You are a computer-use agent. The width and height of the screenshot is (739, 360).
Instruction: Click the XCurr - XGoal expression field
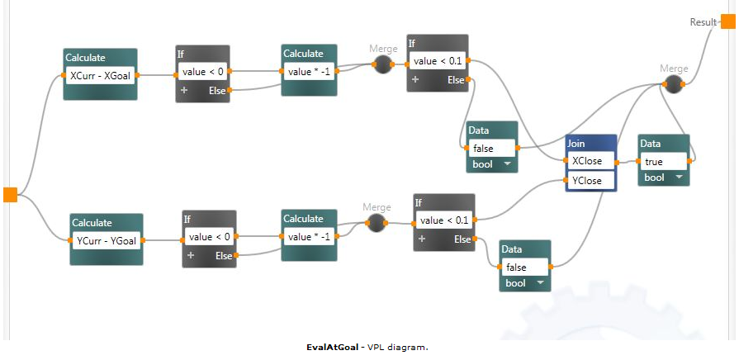click(x=99, y=75)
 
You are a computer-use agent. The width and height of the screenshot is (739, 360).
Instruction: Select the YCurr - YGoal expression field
click(x=106, y=240)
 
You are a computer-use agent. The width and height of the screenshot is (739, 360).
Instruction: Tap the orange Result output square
click(x=727, y=21)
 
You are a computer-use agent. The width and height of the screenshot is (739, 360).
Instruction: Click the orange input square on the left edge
click(x=10, y=195)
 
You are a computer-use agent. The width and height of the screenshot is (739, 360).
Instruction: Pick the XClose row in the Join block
click(x=590, y=161)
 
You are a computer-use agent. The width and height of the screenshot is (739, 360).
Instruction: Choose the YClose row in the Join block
click(x=590, y=180)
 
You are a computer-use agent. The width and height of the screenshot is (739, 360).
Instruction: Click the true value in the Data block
click(x=664, y=161)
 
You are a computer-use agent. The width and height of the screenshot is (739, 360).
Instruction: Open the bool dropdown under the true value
click(x=664, y=178)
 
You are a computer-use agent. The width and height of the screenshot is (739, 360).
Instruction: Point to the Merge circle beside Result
click(x=675, y=83)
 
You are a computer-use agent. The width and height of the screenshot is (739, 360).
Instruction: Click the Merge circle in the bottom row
click(x=377, y=223)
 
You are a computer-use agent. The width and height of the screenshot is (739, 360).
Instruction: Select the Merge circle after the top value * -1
click(x=381, y=64)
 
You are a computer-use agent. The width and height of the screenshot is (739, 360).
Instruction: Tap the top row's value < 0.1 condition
click(x=438, y=61)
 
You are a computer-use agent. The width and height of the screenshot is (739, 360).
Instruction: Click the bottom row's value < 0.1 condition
click(x=444, y=220)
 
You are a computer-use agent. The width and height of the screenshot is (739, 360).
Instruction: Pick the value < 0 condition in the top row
click(x=202, y=72)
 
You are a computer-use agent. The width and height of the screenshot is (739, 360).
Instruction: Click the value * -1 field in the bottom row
click(x=309, y=237)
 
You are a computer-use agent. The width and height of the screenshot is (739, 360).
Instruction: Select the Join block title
click(x=576, y=144)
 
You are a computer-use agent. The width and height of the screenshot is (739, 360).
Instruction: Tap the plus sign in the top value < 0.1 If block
click(x=415, y=80)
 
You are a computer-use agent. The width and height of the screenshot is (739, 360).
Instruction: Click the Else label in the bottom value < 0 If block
click(x=224, y=255)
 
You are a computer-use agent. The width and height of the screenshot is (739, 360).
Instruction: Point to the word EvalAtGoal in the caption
click(x=332, y=348)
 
